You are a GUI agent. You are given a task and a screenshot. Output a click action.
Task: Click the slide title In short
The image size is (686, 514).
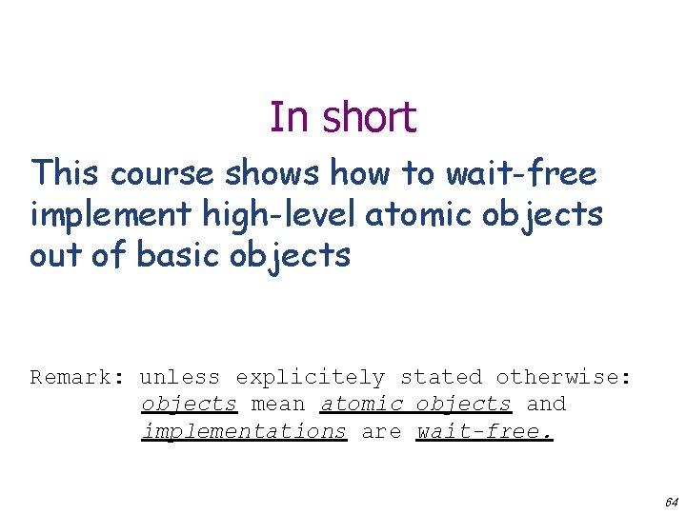tap(343, 118)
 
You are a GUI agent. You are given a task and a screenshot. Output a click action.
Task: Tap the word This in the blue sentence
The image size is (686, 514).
tap(65, 174)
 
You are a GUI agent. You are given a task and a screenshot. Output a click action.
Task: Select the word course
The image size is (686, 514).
tap(163, 174)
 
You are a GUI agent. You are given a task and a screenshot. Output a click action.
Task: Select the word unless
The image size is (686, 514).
tap(180, 377)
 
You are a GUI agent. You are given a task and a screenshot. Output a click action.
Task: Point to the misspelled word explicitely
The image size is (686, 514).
tap(311, 377)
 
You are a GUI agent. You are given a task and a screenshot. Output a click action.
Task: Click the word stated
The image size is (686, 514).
tap(441, 377)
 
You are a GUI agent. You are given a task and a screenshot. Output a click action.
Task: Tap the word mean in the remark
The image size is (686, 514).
tap(278, 404)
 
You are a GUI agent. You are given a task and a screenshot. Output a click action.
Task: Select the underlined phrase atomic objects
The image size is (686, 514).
tap(416, 404)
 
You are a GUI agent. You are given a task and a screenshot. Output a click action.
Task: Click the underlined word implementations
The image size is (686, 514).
tap(244, 431)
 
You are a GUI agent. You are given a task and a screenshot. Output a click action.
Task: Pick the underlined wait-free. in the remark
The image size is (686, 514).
tap(486, 431)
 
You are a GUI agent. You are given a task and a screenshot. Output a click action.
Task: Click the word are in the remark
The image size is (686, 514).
tap(381, 431)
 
